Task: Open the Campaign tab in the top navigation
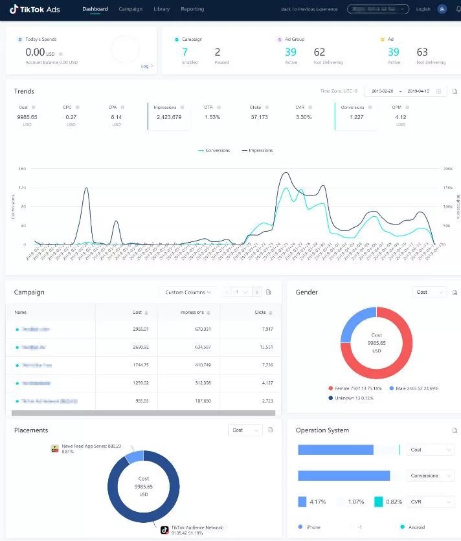click(x=130, y=9)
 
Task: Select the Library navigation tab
click(x=162, y=9)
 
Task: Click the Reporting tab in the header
click(x=192, y=9)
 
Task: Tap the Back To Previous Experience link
click(x=309, y=10)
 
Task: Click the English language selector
click(x=423, y=10)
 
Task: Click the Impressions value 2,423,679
click(x=169, y=117)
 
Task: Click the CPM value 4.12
click(x=400, y=117)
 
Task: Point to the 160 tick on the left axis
click(x=22, y=169)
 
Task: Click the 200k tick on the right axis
click(x=447, y=169)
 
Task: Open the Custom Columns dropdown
click(x=187, y=292)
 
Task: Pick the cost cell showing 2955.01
click(x=141, y=329)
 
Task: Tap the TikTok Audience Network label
click(x=197, y=527)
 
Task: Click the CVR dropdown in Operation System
click(x=431, y=502)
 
